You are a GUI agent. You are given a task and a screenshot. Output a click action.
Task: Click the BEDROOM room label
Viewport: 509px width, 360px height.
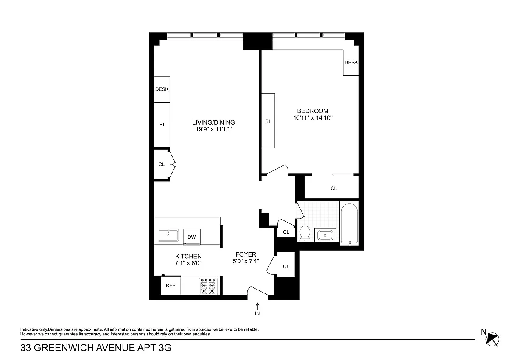[313, 111]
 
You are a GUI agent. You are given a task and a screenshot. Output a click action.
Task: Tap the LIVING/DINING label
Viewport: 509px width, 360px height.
[214, 123]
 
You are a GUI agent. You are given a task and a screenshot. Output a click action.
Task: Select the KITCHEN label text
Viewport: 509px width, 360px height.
[188, 256]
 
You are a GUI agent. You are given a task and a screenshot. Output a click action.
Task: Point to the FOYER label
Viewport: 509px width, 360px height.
[246, 254]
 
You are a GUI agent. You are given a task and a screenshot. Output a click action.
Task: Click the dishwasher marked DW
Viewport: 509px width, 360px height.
[192, 237]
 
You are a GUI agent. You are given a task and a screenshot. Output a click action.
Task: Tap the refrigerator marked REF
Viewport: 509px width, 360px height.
[171, 285]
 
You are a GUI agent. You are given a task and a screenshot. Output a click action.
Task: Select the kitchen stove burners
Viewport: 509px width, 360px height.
[208, 287]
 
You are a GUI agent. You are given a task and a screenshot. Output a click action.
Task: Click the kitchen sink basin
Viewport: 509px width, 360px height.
[168, 235]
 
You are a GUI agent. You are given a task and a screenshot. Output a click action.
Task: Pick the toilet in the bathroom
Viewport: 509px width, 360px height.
[305, 234]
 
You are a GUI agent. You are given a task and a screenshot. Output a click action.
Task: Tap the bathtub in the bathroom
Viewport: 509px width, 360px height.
[349, 224]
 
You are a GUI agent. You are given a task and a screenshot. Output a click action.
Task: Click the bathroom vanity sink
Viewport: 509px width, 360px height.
[325, 235]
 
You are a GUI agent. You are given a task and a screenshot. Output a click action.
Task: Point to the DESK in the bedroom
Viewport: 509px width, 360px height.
[351, 62]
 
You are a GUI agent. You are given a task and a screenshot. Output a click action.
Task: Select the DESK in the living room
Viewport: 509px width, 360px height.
[162, 89]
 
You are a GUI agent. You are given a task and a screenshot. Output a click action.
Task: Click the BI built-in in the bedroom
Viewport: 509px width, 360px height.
[268, 121]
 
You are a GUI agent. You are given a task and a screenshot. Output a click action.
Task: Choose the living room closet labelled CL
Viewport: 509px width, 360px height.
[162, 164]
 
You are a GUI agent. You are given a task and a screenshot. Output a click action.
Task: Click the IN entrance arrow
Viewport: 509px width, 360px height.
[257, 306]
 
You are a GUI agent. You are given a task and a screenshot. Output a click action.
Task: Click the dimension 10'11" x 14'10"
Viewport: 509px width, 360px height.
[313, 118]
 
